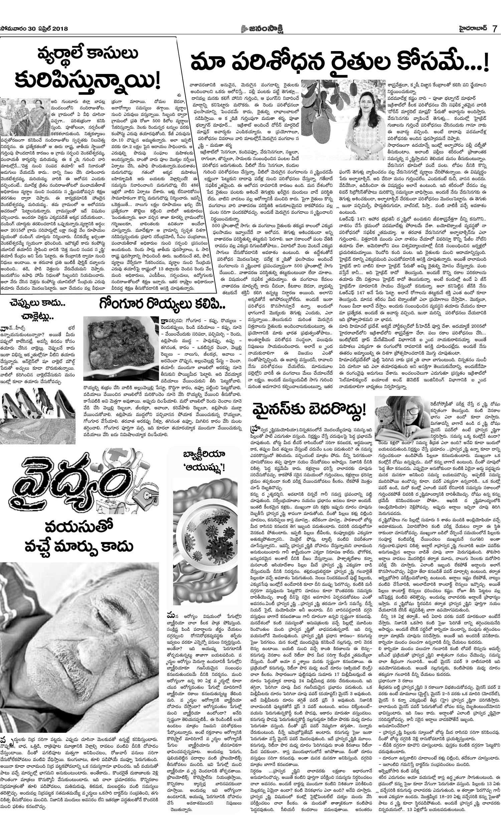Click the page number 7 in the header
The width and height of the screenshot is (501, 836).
click(494, 28)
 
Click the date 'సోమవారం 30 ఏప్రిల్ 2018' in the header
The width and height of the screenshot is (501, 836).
click(34, 29)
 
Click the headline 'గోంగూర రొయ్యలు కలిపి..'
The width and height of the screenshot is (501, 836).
click(162, 304)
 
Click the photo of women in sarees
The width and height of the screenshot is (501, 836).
click(25, 117)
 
